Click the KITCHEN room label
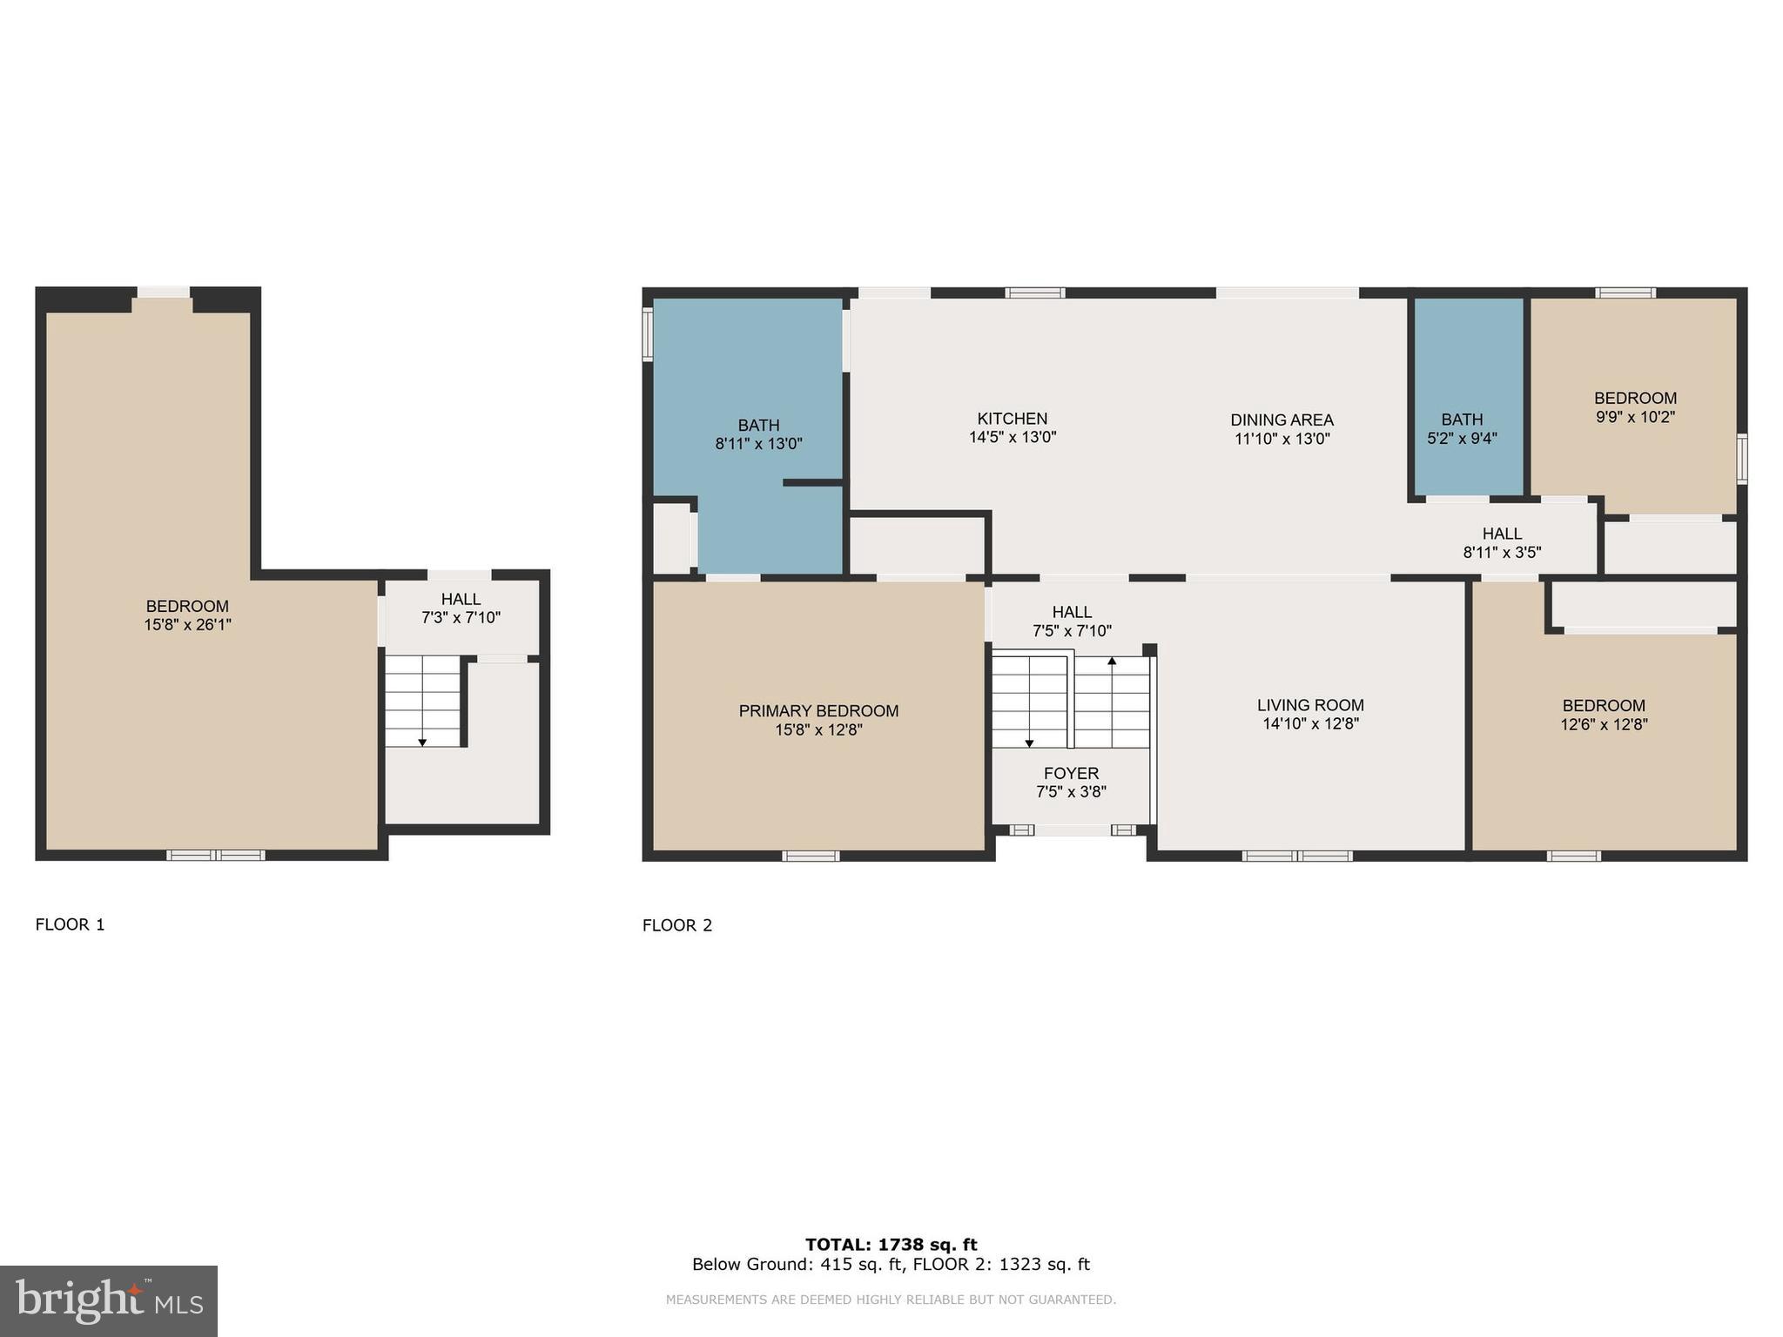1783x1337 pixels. pyautogui.click(x=1012, y=419)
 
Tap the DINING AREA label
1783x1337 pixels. pyautogui.click(x=1282, y=420)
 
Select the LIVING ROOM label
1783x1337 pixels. pyautogui.click(x=1310, y=705)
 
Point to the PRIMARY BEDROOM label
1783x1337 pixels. pyautogui.click(x=818, y=711)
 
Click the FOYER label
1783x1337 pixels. pyautogui.click(x=1071, y=774)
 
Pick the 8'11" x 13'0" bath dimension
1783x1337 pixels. pyautogui.click(x=758, y=444)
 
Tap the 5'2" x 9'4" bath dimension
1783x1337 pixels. pyautogui.click(x=1462, y=439)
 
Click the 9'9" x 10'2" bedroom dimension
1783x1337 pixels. pyautogui.click(x=1635, y=417)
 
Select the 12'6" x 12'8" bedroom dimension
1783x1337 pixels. pyautogui.click(x=1604, y=724)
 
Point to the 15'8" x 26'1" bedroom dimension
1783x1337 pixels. pyautogui.click(x=187, y=625)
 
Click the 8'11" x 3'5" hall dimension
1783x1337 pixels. pyautogui.click(x=1502, y=552)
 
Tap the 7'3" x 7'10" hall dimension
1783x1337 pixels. pyautogui.click(x=461, y=618)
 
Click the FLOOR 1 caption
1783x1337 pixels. pyautogui.click(x=70, y=924)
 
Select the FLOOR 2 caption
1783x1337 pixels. pyautogui.click(x=677, y=925)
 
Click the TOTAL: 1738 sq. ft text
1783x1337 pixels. pyautogui.click(x=891, y=1245)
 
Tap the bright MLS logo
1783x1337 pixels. pyautogui.click(x=109, y=1300)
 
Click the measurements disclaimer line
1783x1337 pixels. pyautogui.click(x=891, y=1300)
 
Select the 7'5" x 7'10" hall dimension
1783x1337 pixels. pyautogui.click(x=1072, y=631)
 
